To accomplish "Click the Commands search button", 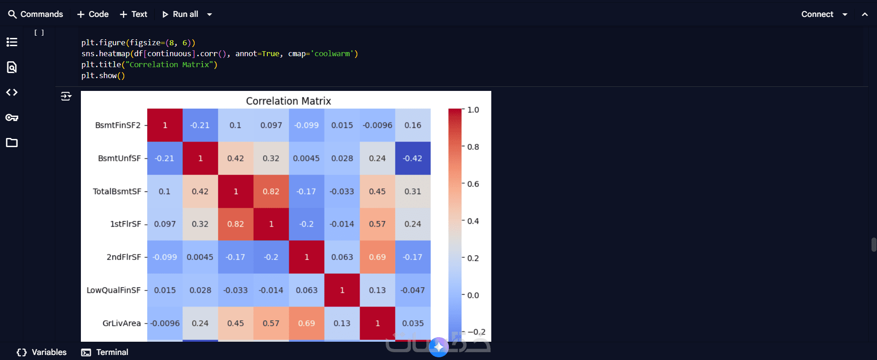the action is pos(36,14).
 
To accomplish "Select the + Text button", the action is pos(133,14).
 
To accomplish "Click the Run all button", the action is pos(181,14).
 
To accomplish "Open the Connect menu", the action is pos(824,14).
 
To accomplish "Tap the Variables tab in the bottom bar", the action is pos(42,352).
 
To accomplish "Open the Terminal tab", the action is pos(105,352).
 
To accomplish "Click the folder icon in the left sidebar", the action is pos(12,143).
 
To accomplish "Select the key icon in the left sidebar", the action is pos(12,117).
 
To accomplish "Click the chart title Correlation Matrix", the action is pos(288,101).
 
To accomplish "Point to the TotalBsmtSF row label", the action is pos(117,191).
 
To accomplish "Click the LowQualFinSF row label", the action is pos(114,290).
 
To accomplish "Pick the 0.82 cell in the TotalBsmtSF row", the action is pos(271,191).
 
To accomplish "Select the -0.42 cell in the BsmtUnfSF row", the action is pos(413,158).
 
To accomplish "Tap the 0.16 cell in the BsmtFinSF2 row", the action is pos(413,125).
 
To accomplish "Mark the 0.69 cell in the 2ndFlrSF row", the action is pos(377,257).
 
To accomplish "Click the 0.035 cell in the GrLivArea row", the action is pos(413,323).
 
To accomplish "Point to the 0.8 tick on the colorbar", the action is pos(473,147).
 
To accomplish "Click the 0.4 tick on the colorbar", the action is pos(473,221).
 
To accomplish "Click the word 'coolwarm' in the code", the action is pos(332,53).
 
